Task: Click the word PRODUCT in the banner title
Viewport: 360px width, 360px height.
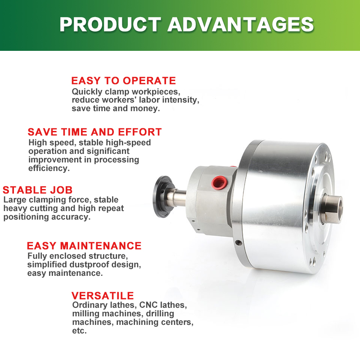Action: pos(110,24)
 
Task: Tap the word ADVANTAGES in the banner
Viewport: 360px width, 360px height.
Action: pos(241,24)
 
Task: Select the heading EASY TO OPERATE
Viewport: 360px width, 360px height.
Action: pos(123,81)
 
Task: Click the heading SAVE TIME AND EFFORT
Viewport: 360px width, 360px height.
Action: pos(94,132)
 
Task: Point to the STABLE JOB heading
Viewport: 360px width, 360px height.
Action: pos(38,190)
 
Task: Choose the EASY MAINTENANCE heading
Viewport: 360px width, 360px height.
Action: pos(84,246)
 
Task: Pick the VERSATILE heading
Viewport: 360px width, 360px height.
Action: pos(103,296)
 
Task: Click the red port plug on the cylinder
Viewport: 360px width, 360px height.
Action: pos(219,183)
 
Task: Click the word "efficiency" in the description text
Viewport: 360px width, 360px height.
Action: pos(49,168)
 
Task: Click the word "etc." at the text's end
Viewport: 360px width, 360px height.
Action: pos(80,331)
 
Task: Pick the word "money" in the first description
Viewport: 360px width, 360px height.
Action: pos(145,108)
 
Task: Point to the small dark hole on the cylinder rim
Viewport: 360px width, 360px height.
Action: pos(238,243)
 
